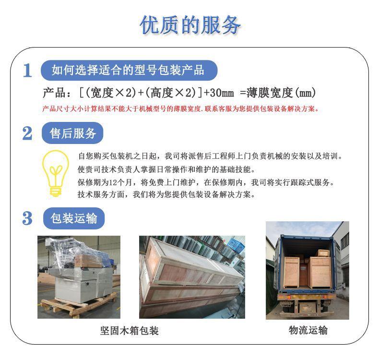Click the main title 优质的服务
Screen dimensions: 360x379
[x=189, y=25]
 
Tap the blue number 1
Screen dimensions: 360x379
[x=27, y=71]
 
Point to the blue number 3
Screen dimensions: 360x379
[x=27, y=219]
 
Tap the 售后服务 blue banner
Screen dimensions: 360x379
[x=73, y=133]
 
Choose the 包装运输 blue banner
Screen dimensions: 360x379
[x=73, y=218]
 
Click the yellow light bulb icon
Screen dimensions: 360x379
[x=56, y=173]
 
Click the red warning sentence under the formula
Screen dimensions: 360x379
[x=181, y=108]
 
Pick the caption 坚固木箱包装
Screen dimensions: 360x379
[x=129, y=331]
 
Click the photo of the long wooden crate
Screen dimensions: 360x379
[x=192, y=277]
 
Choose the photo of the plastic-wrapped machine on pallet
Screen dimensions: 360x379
[x=79, y=277]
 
